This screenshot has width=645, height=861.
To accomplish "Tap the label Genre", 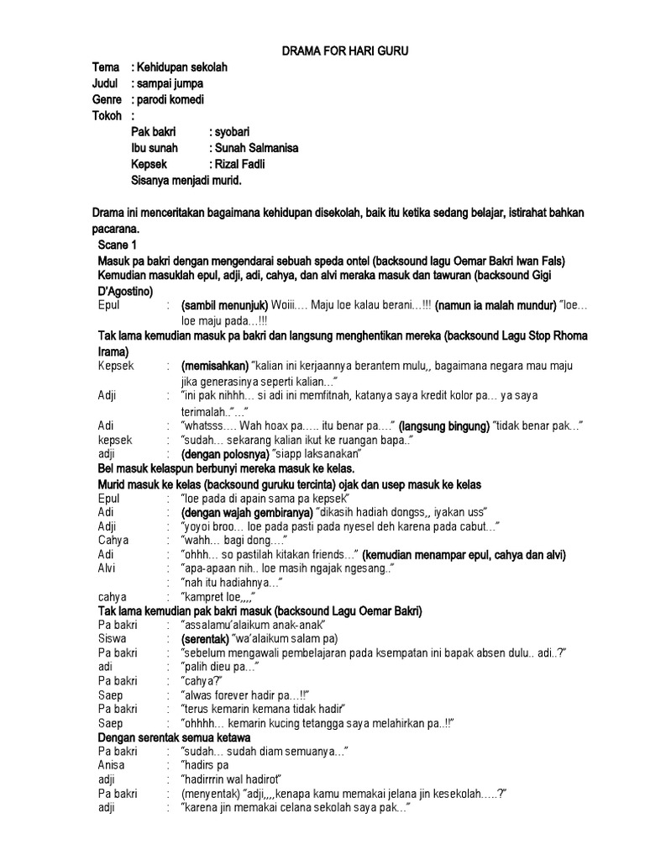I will tap(108, 100).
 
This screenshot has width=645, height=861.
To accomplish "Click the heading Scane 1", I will tap(118, 245).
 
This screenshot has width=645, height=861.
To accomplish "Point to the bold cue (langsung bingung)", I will tap(443, 425).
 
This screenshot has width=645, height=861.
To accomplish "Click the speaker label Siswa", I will tap(112, 639).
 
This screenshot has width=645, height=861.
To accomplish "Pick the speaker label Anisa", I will tap(113, 765).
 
